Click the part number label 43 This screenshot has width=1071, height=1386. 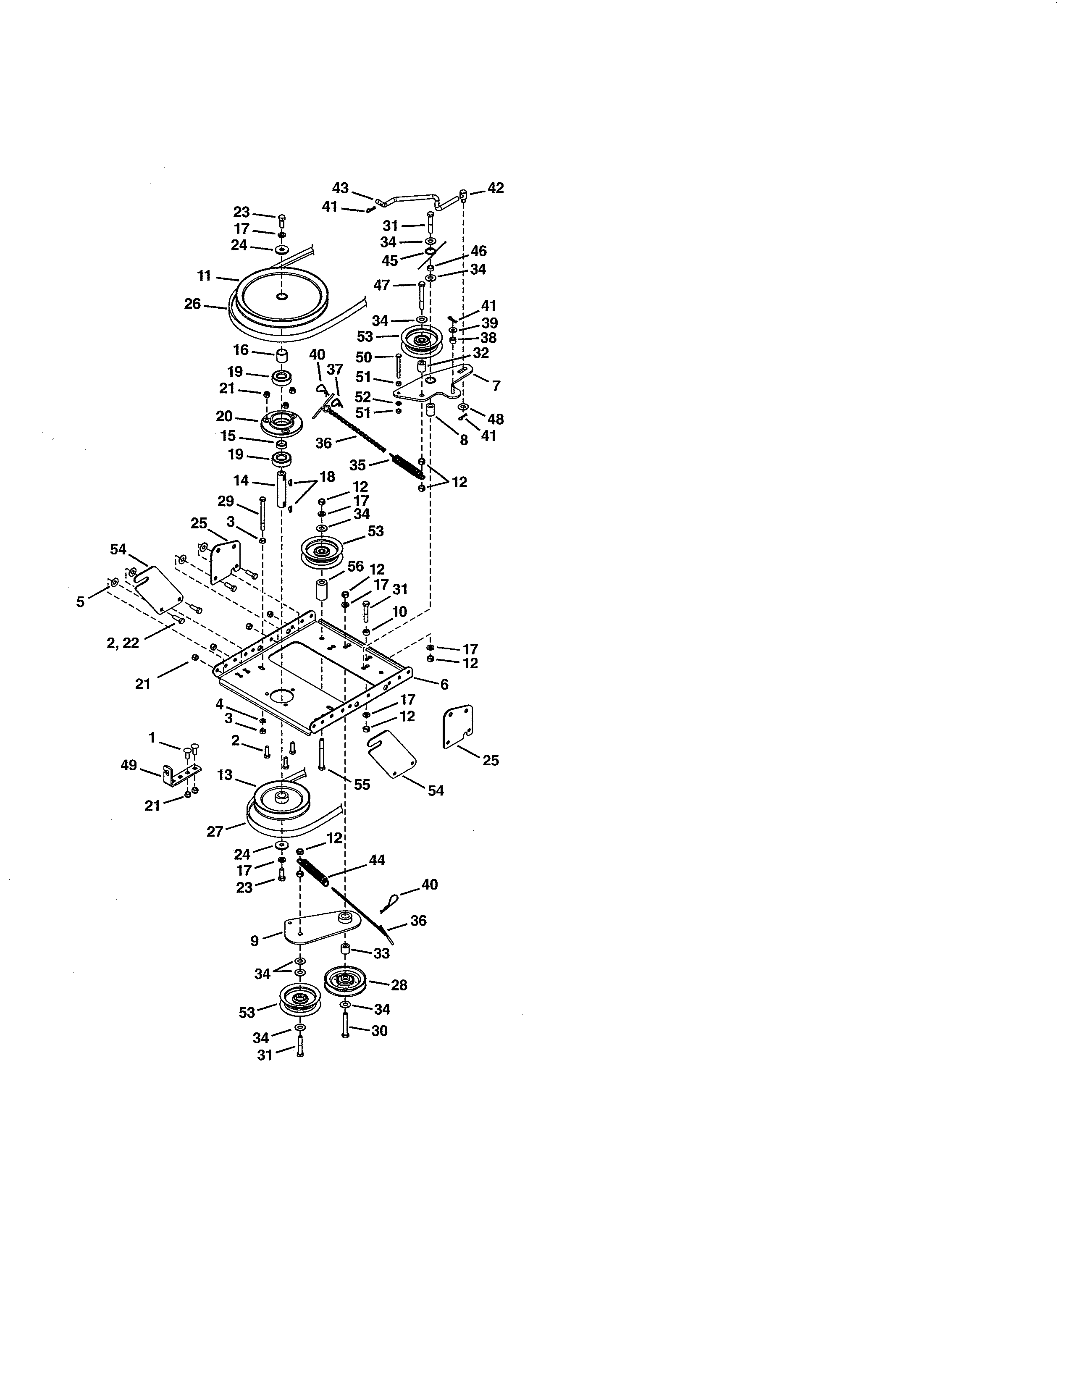pos(340,188)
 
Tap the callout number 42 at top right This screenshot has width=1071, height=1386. pos(496,188)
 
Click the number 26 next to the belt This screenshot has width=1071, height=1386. pos(192,304)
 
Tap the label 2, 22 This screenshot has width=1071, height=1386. pos(123,643)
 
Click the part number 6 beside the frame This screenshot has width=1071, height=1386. pos(444,684)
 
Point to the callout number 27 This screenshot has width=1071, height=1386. pos(215,831)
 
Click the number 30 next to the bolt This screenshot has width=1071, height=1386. pos(379,1031)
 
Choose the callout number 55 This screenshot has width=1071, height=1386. pos(362,785)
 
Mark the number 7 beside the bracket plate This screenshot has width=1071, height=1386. pos(496,386)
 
